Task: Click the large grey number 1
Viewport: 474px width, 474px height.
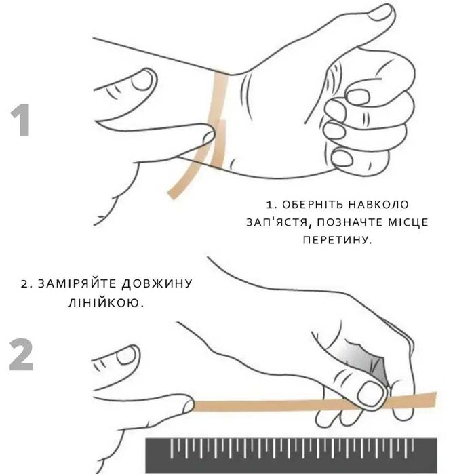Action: click(21, 120)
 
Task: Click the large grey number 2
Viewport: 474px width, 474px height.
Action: click(21, 355)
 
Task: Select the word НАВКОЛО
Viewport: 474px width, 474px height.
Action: click(378, 205)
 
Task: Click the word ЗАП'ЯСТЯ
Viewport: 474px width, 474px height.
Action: click(277, 222)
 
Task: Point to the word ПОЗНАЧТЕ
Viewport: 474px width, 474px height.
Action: click(347, 222)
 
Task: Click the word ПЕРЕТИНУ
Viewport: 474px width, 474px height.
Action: click(337, 240)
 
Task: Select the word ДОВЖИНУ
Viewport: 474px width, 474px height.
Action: click(157, 284)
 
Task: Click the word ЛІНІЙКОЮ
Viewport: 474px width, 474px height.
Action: click(106, 303)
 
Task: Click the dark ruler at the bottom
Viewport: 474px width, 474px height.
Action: click(292, 456)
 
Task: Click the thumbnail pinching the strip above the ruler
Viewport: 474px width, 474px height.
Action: click(370, 393)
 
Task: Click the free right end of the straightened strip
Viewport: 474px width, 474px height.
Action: click(435, 399)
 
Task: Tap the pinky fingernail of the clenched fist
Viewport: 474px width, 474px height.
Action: click(342, 158)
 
